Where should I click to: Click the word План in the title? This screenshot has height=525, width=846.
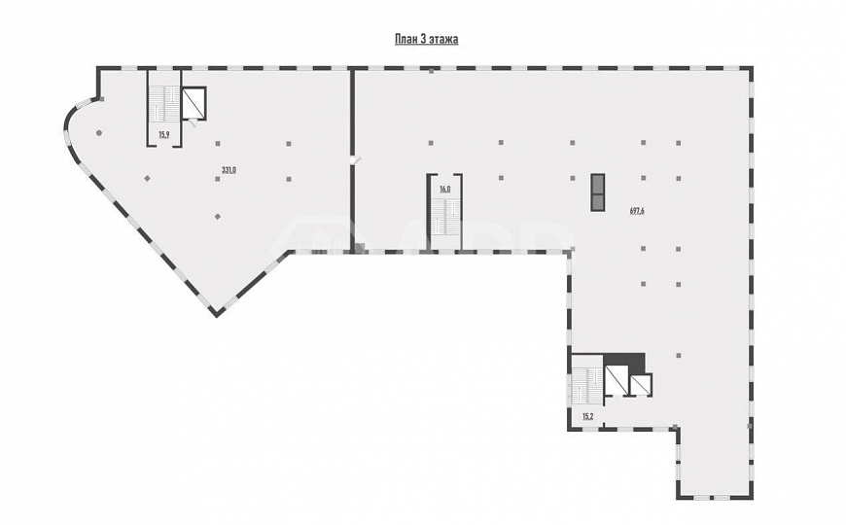pos(405,40)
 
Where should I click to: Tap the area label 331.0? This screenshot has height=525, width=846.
pos(229,170)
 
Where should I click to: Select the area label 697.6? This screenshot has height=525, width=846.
pos(637,211)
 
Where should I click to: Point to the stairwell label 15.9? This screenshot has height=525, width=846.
pos(164,135)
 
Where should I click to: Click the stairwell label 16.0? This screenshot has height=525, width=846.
pos(444,189)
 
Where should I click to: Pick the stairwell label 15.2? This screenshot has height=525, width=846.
pos(588,416)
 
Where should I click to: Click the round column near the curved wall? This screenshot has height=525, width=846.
pos(99,133)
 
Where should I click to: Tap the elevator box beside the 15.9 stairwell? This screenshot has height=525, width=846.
pos(194,103)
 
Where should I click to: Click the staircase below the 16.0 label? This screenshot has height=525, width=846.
pos(444,216)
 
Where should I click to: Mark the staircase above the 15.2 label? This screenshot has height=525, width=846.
pos(586,385)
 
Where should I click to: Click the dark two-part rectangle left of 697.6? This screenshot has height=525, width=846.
pos(597,192)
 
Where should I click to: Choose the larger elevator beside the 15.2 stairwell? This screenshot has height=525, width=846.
pos(616,380)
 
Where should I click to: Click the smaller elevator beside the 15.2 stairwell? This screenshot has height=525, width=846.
pos(641,384)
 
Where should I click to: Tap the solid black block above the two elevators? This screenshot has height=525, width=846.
pos(624,363)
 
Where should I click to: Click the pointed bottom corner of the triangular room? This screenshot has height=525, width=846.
pos(216,315)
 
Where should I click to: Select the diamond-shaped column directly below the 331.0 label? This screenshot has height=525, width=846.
pos(218,217)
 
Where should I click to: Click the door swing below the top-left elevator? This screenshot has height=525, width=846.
pos(193,123)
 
